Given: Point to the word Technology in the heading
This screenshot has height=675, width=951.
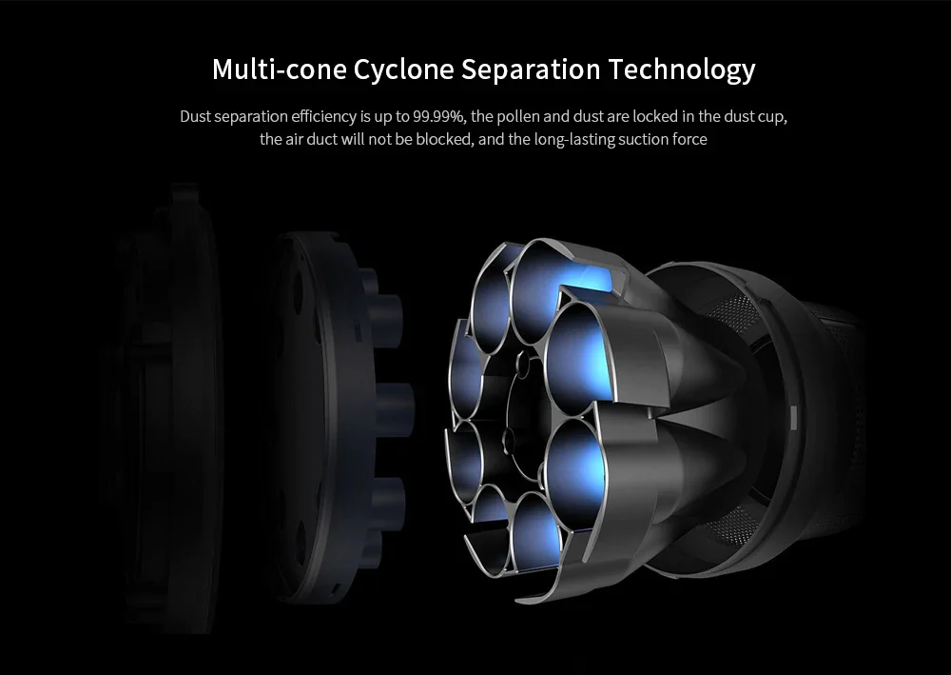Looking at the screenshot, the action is [682, 69].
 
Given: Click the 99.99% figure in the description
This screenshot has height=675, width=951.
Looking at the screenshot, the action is [437, 117].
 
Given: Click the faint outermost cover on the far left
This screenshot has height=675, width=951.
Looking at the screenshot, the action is [162, 409].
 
